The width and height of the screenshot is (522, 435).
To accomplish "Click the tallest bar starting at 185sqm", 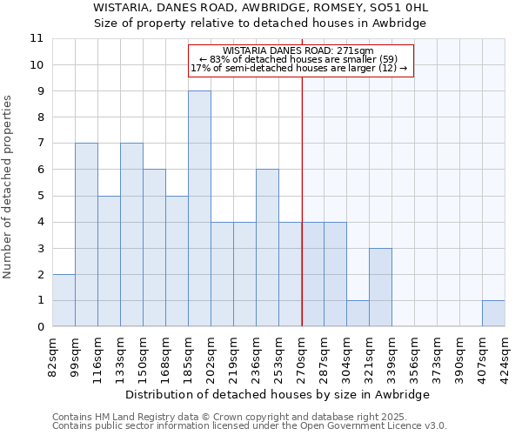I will (x=199, y=209).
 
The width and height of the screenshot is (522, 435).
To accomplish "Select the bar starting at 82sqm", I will (x=64, y=300).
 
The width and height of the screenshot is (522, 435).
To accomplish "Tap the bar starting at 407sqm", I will (x=493, y=313).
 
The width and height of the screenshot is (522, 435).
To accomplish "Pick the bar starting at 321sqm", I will (x=380, y=287).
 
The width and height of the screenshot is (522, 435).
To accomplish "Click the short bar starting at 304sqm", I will (x=358, y=313).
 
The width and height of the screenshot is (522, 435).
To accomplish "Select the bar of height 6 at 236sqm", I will (x=267, y=248).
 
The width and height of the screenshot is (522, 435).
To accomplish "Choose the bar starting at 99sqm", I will (x=86, y=235).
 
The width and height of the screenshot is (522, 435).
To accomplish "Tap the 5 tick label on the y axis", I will (x=40, y=196).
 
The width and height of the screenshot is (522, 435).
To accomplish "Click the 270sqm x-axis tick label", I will (x=302, y=356).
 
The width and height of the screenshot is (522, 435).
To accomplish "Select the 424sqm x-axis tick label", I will (x=505, y=356).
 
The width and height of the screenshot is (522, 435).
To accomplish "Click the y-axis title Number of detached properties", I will (x=8, y=187).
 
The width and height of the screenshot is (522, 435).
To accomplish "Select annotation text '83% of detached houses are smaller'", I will (x=298, y=59).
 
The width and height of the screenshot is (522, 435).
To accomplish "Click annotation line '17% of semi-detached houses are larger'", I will (x=298, y=68).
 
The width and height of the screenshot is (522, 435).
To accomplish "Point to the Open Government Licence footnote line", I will (x=250, y=426).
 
